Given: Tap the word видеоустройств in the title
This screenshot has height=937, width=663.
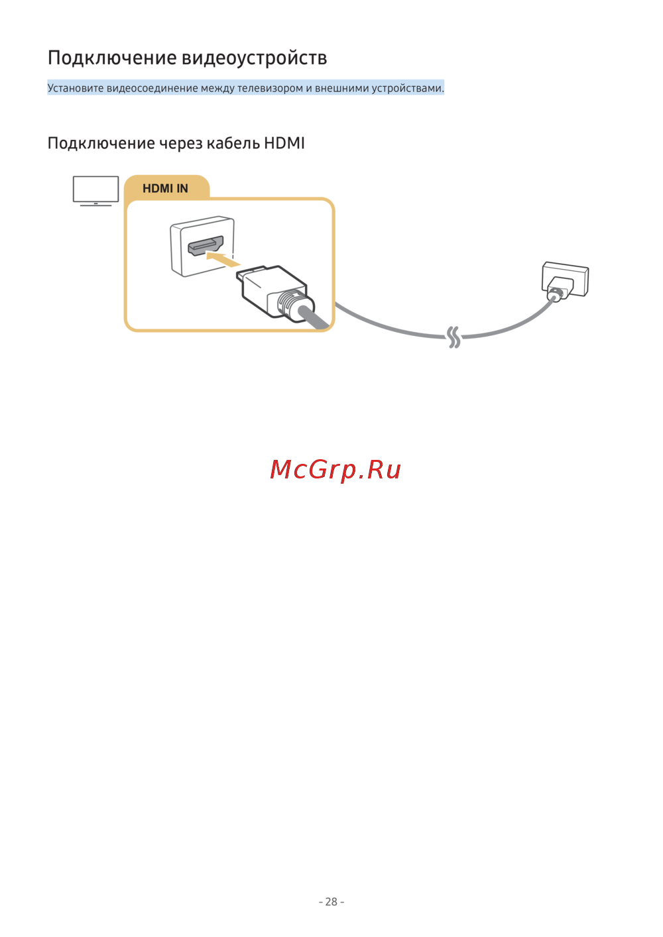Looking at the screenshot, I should point(255,58).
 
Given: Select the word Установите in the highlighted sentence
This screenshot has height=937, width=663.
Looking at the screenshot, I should point(76,88).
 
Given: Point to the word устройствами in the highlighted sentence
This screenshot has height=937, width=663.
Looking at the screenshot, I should point(407,88).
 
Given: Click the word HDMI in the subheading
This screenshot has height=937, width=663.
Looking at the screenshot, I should point(284,143).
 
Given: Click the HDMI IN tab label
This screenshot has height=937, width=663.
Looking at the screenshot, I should point(166,189).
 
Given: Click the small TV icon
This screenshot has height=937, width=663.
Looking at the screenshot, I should point(95,191).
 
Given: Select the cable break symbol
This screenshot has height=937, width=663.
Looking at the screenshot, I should point(453,337).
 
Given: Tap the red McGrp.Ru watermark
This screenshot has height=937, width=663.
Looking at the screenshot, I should point(335,470).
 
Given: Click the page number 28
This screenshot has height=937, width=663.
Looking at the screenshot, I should point(331,902).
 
